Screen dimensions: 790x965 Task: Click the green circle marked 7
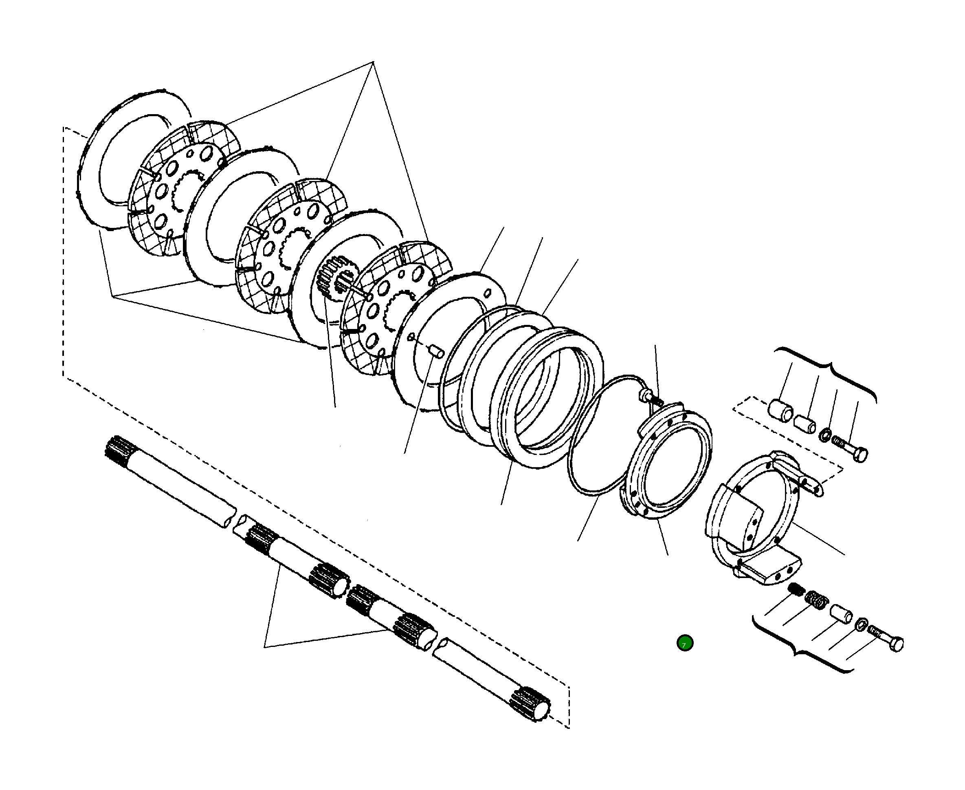tap(685, 643)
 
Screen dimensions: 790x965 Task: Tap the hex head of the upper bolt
tap(860, 455)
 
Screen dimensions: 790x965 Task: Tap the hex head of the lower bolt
tap(896, 645)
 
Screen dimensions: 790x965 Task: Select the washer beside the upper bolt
tap(825, 435)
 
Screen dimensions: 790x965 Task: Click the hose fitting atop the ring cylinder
tap(646, 394)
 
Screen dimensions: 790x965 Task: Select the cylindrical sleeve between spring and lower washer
tap(841, 613)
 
